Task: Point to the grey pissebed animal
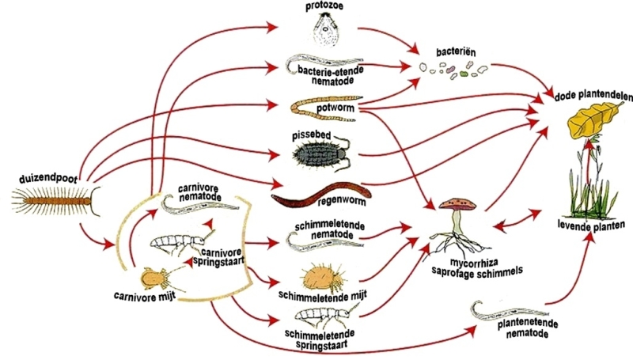[320, 148]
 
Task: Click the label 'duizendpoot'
[46, 178]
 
